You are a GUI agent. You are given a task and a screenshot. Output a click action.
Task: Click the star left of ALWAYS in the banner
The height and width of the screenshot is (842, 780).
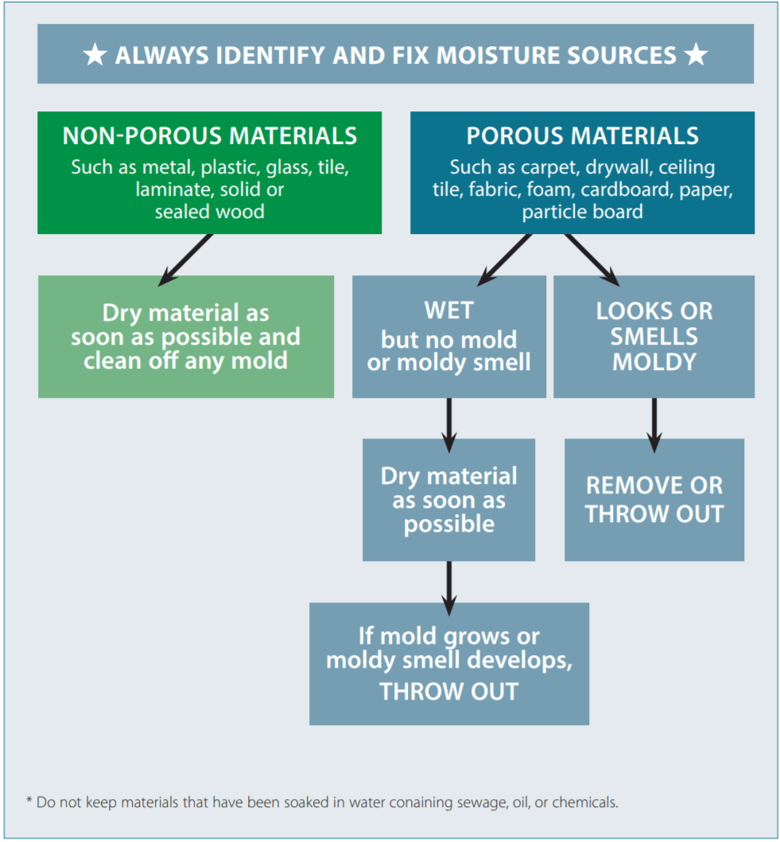[x=95, y=55]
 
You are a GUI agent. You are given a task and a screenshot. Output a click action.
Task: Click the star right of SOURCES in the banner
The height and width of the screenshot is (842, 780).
[x=696, y=55]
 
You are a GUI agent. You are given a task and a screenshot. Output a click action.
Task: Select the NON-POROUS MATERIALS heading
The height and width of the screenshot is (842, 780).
[x=210, y=136]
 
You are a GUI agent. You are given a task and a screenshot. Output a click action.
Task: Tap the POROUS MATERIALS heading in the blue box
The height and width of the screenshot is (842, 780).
[x=582, y=136]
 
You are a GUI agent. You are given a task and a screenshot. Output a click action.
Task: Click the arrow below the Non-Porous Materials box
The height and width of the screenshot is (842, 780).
[x=185, y=259]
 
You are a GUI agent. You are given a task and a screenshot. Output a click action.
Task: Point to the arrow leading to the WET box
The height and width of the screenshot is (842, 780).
[x=503, y=259]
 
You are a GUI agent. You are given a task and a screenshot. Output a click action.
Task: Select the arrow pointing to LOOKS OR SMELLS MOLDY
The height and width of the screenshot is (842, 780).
[x=592, y=259]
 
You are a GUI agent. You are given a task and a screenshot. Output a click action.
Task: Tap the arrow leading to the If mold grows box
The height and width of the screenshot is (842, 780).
[x=449, y=587]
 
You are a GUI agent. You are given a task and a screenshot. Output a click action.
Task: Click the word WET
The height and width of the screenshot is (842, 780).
[x=449, y=310]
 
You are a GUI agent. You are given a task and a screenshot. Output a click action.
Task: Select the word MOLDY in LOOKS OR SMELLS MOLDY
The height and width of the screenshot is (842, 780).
[x=654, y=362]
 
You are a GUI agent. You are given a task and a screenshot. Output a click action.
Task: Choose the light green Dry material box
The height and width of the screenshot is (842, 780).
[x=186, y=337]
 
